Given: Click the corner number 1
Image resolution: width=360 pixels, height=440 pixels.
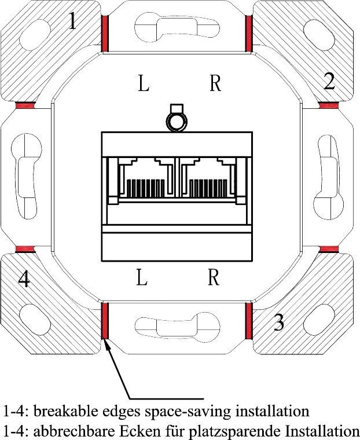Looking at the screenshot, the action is tap(73, 21).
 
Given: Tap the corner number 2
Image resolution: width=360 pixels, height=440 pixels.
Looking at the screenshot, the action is tap(329, 81).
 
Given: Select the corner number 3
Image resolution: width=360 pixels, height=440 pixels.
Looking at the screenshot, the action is tap(278, 322).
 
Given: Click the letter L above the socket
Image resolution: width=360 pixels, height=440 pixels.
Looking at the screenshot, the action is tap(144, 83).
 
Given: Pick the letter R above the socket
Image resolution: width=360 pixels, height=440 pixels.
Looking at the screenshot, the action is tap(215, 83).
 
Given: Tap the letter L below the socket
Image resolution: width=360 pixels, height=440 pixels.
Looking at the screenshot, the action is tap(142, 277).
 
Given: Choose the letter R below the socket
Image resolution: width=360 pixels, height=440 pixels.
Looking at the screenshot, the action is tap(214, 277).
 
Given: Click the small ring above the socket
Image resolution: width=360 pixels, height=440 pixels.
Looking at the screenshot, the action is tap(177, 122).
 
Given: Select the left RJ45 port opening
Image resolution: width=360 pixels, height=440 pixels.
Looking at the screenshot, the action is tap(146, 177).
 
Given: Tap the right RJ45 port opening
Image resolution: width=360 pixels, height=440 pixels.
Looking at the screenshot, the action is tap(208, 177).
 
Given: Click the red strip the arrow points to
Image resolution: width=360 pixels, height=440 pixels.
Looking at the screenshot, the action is tap(105, 321).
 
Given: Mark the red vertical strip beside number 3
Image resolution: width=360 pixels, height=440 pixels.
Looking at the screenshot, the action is tap(249, 321).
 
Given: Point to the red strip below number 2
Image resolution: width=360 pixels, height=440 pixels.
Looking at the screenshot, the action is tap(328, 105).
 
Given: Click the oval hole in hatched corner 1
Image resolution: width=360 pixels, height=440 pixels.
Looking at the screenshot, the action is tap(36, 35).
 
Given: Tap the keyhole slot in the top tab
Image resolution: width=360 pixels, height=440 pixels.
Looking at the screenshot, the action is tap(177, 28).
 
